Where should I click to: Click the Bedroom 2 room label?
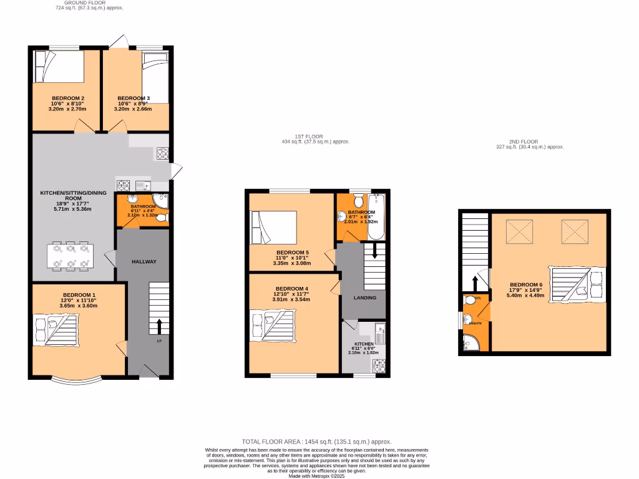tap(68, 99)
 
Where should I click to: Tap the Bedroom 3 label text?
tap(134, 99)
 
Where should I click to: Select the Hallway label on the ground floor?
tap(144, 262)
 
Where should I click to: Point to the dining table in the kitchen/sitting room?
tap(70, 256)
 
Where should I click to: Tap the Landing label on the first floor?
tap(365, 298)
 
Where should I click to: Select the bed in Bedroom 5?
tap(273, 228)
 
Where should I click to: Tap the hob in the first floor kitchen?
tap(380, 366)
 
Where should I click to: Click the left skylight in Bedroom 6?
tap(517, 233)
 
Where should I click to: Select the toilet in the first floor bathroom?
tap(358, 201)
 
